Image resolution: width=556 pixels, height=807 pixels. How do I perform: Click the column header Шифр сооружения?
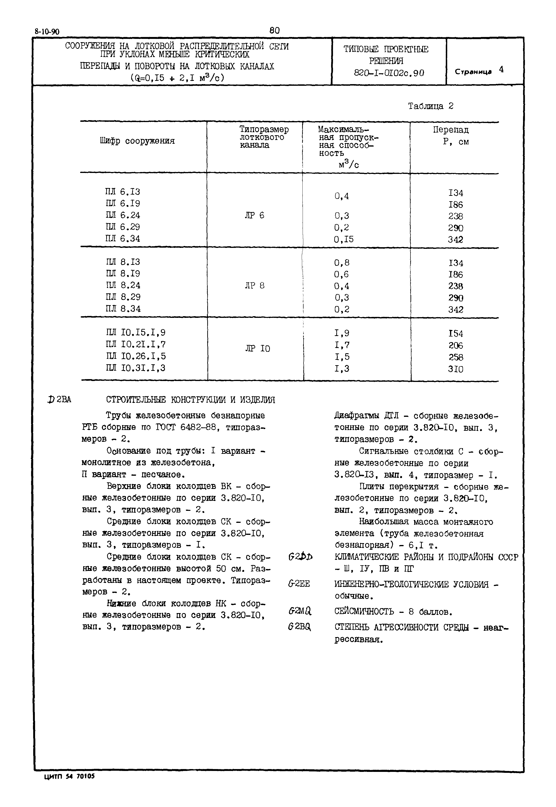pyautogui.click(x=137, y=141)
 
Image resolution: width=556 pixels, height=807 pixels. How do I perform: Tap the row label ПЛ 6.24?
pyautogui.click(x=123, y=215)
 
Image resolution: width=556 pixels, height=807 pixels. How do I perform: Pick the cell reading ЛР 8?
pyautogui.click(x=254, y=286)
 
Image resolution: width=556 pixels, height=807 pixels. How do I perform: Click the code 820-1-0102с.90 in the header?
pyautogui.click(x=389, y=73)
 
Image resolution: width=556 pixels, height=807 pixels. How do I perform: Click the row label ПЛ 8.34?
pyautogui.click(x=123, y=309)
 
